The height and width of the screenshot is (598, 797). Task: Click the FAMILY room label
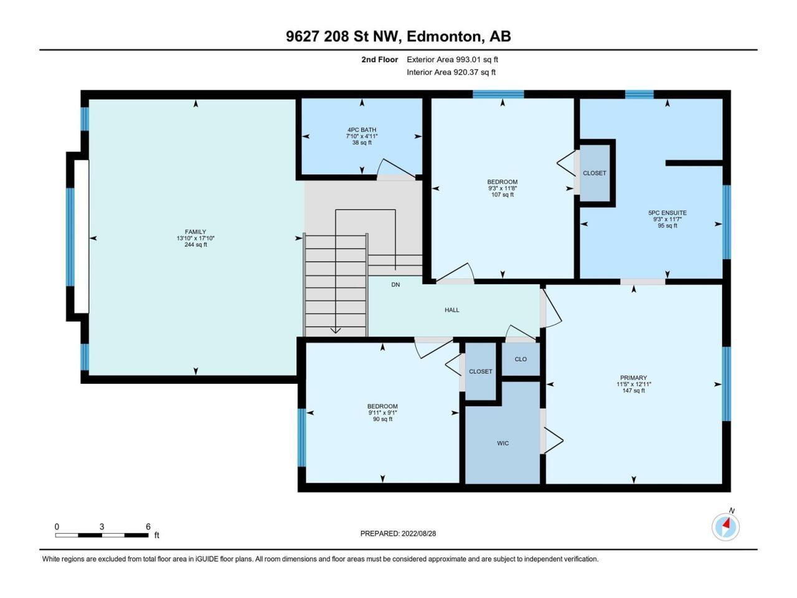click(x=196, y=232)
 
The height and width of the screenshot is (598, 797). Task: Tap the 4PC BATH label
click(x=362, y=130)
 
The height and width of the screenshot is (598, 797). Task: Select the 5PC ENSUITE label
click(x=667, y=213)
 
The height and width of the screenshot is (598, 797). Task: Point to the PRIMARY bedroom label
click(x=634, y=377)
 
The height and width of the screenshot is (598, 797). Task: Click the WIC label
click(x=503, y=444)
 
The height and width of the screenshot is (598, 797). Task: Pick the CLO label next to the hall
click(x=521, y=359)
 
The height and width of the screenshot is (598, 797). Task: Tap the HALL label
click(x=452, y=310)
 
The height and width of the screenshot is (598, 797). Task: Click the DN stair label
click(x=396, y=285)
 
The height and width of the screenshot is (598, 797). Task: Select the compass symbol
click(x=725, y=527)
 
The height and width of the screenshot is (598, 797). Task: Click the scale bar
click(x=101, y=535)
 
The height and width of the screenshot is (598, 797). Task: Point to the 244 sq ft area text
click(x=196, y=245)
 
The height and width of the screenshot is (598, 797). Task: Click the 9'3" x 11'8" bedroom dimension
click(x=502, y=188)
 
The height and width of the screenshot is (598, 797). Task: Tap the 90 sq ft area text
click(x=383, y=419)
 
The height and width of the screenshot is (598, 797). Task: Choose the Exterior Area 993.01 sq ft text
click(x=453, y=60)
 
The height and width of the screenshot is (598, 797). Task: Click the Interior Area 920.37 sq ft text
click(x=451, y=72)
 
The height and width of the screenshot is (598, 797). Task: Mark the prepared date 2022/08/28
click(x=418, y=533)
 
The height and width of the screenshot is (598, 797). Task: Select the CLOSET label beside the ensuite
click(x=595, y=173)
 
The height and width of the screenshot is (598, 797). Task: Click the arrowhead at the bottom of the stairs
click(x=335, y=330)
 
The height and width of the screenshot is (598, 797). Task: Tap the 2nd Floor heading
click(x=379, y=60)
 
